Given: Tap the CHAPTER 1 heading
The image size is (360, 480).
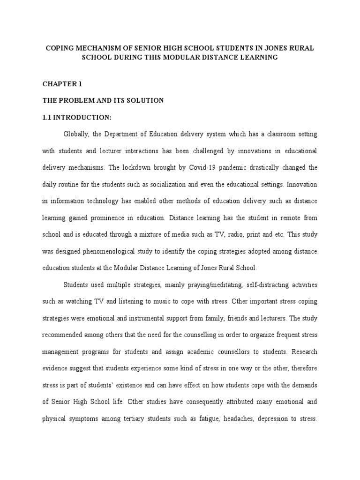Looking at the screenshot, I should tap(62, 84).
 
